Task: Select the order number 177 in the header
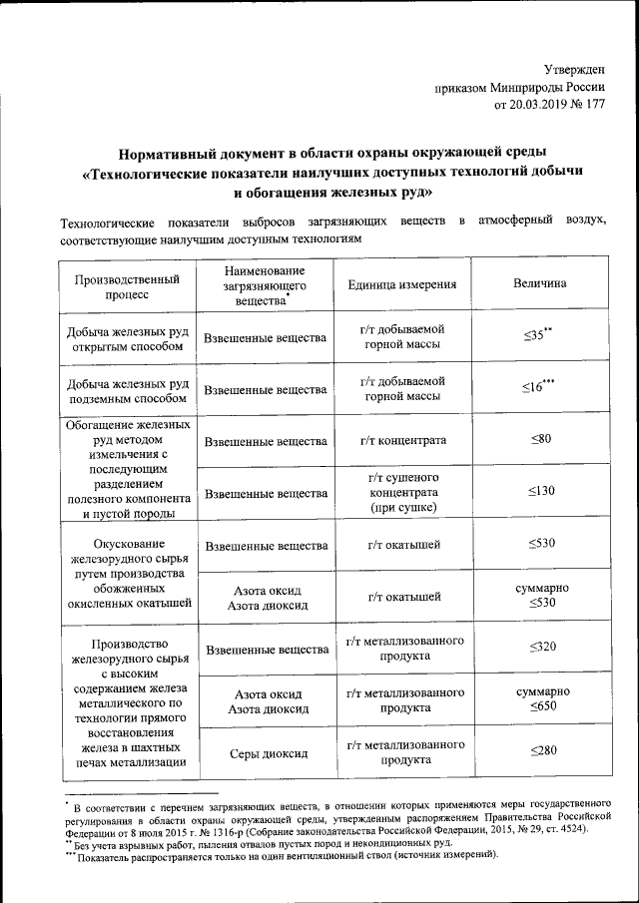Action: tap(594, 103)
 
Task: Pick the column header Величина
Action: tap(540, 284)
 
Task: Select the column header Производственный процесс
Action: tap(127, 286)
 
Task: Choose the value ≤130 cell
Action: tap(540, 491)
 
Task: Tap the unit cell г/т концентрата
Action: tap(406, 440)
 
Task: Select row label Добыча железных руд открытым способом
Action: tap(127, 338)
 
